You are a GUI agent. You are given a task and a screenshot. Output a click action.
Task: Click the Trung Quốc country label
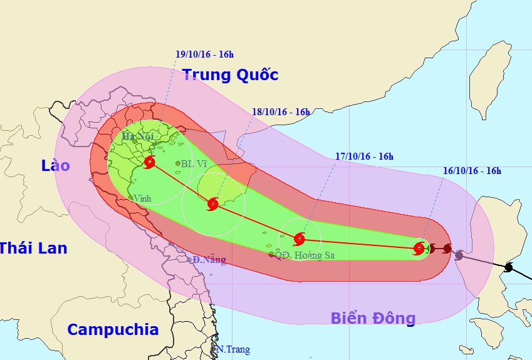point(230,76)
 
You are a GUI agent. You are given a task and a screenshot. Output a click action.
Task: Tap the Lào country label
point(56,166)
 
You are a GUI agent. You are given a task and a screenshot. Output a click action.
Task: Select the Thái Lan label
point(33,248)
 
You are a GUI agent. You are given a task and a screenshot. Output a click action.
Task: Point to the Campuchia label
point(113,329)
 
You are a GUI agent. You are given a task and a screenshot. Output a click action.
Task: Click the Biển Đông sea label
point(373,319)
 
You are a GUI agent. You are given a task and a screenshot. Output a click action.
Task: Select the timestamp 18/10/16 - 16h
point(281,112)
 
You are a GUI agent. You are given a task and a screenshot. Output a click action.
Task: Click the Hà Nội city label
point(137,136)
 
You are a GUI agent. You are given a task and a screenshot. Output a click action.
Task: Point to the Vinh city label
point(142,198)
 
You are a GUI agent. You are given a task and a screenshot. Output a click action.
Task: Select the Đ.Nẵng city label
point(209,260)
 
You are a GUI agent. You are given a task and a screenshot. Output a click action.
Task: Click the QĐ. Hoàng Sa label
point(308,255)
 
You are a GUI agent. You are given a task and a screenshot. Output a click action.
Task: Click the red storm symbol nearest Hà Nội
point(149,163)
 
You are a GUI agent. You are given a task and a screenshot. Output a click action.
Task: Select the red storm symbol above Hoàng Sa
point(300,238)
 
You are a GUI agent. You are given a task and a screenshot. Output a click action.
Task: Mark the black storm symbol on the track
point(509,268)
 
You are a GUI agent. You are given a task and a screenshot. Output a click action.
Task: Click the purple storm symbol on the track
point(459,255)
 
